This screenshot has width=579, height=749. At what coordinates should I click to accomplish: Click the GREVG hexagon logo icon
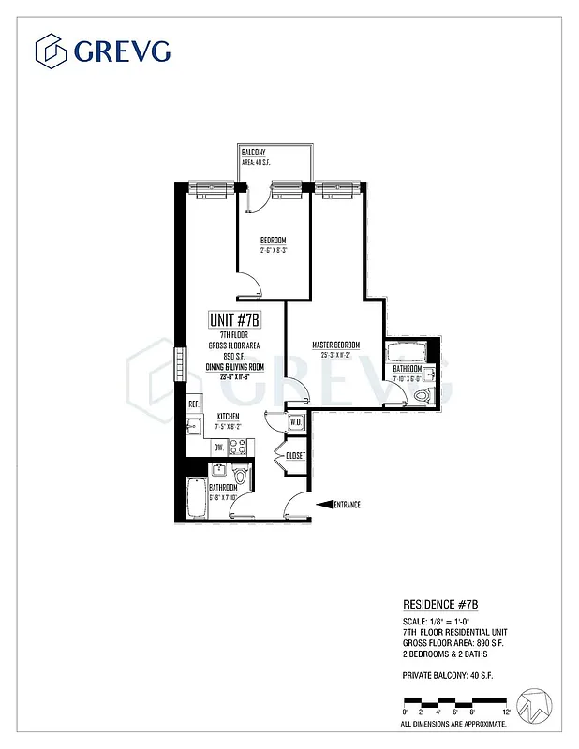point(52,50)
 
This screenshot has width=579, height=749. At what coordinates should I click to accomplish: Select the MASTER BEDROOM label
point(335,345)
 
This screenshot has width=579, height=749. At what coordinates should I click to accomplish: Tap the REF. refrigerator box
point(194,404)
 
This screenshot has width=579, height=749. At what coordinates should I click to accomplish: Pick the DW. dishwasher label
point(217,448)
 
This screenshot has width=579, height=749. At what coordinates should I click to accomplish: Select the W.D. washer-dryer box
point(295,422)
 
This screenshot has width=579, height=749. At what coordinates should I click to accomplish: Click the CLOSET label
point(296,456)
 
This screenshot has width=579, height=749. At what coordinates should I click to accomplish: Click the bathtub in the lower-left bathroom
point(197,498)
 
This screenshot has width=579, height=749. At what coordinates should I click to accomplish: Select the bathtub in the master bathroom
point(407,353)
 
